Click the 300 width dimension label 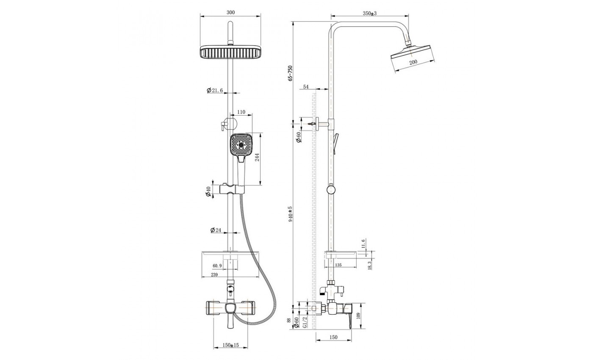230,12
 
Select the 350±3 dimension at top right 369,14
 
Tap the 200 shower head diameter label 413,62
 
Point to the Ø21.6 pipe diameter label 215,91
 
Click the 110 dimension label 241,112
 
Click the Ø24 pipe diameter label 216,230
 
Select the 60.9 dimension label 217,266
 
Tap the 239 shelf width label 214,275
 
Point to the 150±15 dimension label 230,345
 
